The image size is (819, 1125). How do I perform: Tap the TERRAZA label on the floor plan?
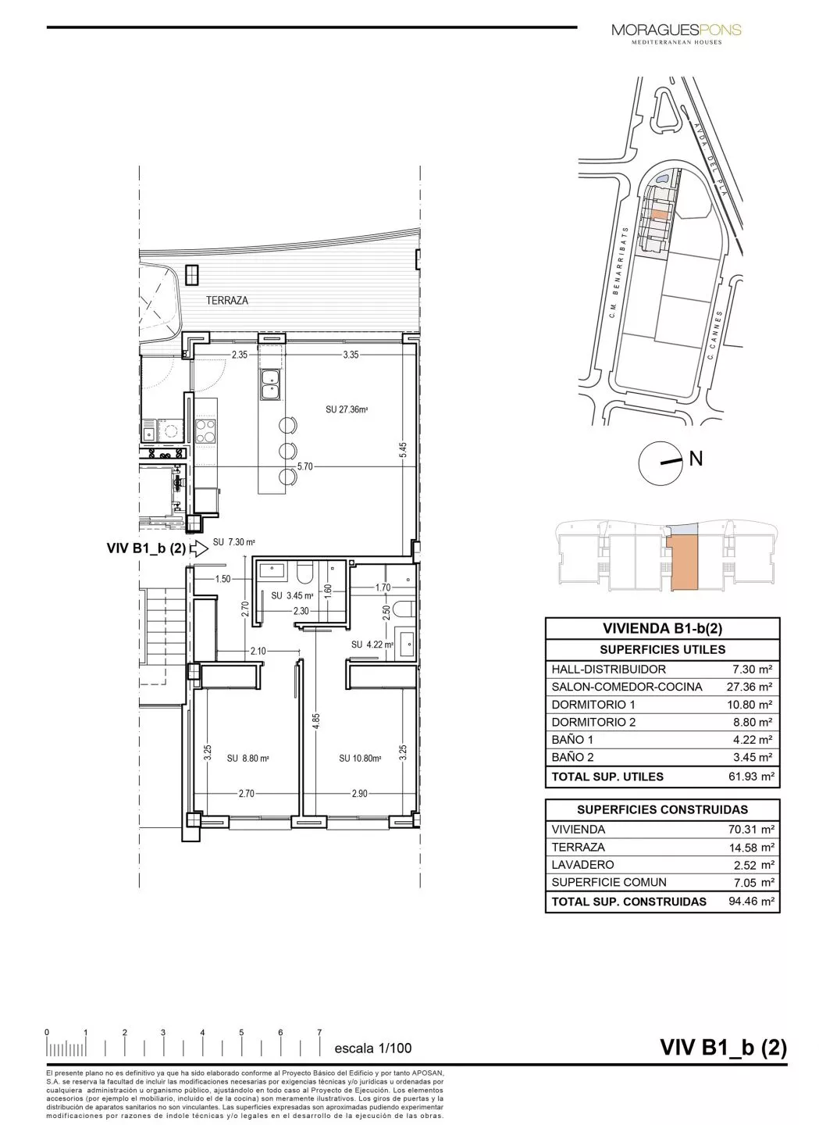pos(227,300)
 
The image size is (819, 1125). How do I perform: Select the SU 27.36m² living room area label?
pos(347,409)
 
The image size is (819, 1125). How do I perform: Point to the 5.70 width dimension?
pos(304,466)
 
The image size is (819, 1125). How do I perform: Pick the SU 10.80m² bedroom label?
pos(360,758)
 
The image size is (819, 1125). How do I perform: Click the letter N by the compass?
pos(696,459)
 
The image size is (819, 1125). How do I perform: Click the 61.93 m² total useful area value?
pos(750,777)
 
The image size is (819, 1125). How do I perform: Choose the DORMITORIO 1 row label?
pos(593,704)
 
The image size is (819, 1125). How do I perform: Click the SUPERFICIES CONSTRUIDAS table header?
pos(662,809)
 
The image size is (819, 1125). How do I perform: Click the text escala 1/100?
pos(372,1048)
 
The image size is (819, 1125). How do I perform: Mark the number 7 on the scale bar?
pos(319,1032)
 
